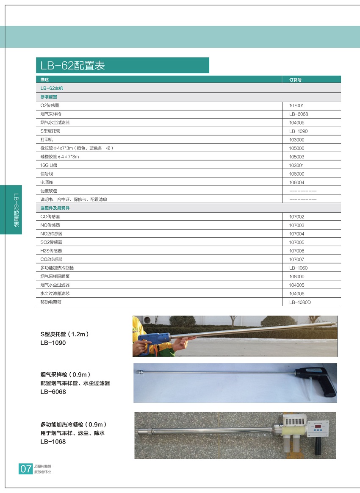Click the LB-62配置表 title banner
pos(122,66)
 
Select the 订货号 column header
pos(295,80)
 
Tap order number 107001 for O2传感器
pos(296,105)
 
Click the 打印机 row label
pos(47,140)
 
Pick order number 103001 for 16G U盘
pos(296,166)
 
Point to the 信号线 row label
pos(47,174)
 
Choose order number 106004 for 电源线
pos(296,183)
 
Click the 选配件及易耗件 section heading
pos(55,208)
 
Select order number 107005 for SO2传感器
pos(296,242)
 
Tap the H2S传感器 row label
pos(51,251)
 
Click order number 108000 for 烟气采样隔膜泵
pos(296,277)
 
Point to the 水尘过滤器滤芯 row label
pos(55,294)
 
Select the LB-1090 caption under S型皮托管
pos(53,343)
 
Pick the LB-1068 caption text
pos(53,442)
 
